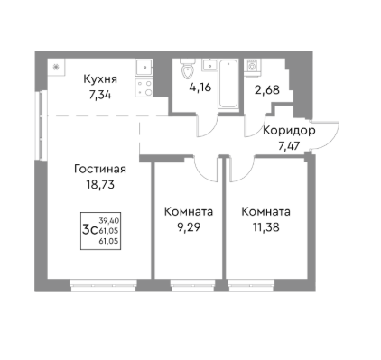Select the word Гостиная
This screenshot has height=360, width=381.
(100, 169)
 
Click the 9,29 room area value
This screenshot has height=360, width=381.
(188, 226)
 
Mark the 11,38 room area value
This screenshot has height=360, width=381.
(265, 226)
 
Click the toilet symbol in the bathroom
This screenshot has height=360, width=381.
(188, 69)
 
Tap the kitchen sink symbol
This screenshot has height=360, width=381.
(144, 67)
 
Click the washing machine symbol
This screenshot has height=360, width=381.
(254, 66)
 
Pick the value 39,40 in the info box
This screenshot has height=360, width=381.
(110, 219)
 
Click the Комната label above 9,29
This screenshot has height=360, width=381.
(188, 212)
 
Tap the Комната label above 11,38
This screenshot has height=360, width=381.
(265, 212)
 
